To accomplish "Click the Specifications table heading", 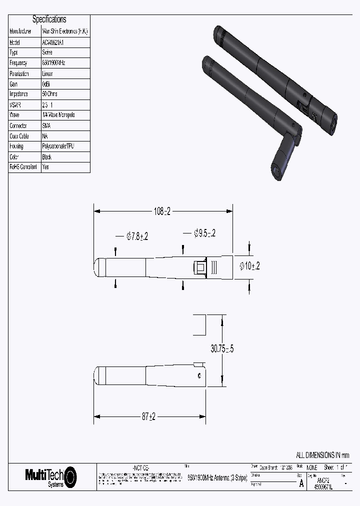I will coord(49,19).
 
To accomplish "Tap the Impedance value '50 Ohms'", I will coord(50,94).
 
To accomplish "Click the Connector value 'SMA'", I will coord(46,126).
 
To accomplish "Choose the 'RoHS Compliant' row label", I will coord(23,167).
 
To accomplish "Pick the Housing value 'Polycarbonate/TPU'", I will coord(59,146).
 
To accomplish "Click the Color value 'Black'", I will coord(47,157).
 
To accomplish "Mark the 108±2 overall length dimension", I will coord(162,211).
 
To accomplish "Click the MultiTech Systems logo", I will coord(50,476).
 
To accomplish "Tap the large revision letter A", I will coord(301,483).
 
